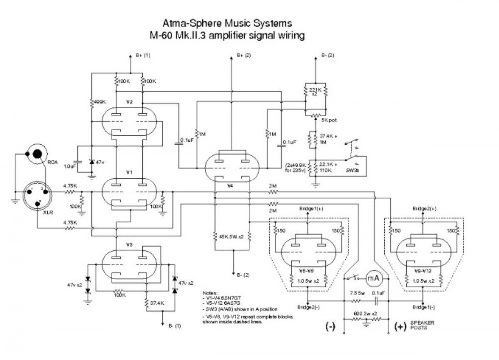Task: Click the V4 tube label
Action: (x=230, y=185)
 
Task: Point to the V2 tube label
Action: (x=129, y=102)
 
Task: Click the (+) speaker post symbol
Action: (x=400, y=327)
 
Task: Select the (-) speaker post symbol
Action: (x=330, y=327)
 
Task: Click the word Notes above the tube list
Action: (x=209, y=292)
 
